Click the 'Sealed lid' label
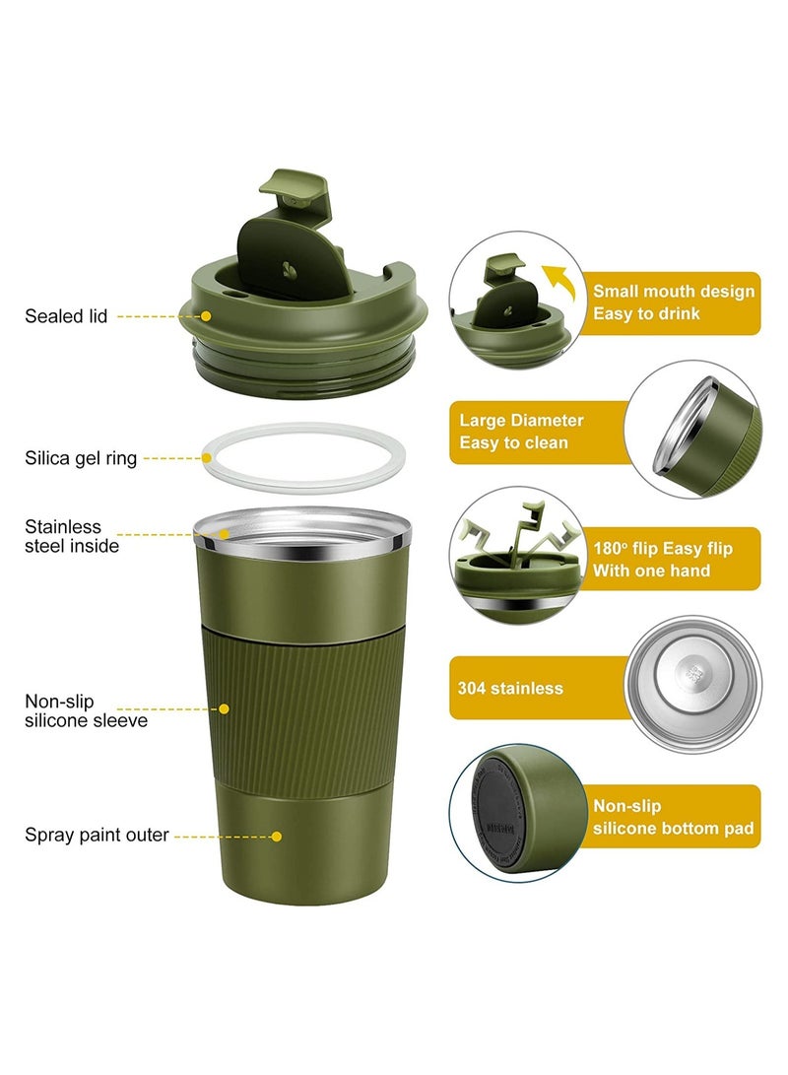[66, 316]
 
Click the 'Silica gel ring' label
[81, 458]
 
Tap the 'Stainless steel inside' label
[72, 536]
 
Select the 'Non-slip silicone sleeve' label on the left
[86, 710]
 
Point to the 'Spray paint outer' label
[97, 836]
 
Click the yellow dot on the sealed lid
[207, 316]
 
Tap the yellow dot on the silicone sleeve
[225, 708]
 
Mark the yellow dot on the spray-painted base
[277, 836]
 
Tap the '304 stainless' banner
[537, 688]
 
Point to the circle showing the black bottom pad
[514, 812]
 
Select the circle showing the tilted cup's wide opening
[694, 428]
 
